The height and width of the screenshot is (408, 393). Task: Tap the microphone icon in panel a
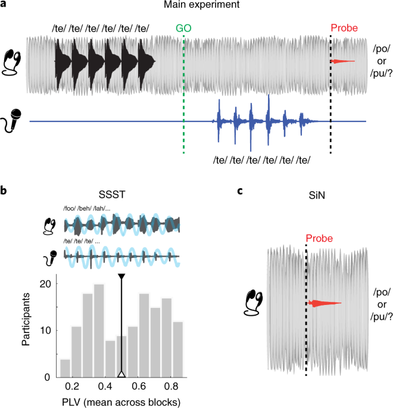(13, 121)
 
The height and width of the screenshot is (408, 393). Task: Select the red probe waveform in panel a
(343, 61)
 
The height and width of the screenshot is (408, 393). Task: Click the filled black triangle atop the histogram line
(121, 278)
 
